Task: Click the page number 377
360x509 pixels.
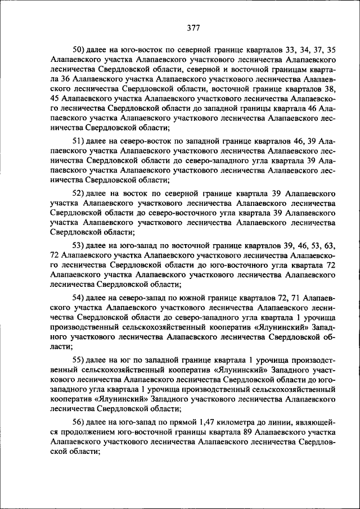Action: tap(193, 28)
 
